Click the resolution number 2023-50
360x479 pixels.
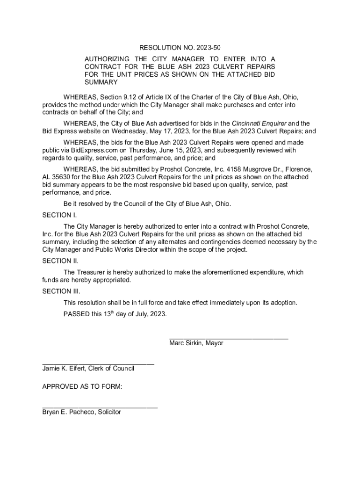[209, 48]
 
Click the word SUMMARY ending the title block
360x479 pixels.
[101, 82]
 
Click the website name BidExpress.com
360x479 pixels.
[94, 150]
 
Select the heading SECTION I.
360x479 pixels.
[59, 215]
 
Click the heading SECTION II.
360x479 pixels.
[60, 261]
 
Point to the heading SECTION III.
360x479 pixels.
[61, 291]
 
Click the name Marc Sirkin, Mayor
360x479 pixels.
[196, 343]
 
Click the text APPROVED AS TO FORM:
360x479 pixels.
[82, 387]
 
